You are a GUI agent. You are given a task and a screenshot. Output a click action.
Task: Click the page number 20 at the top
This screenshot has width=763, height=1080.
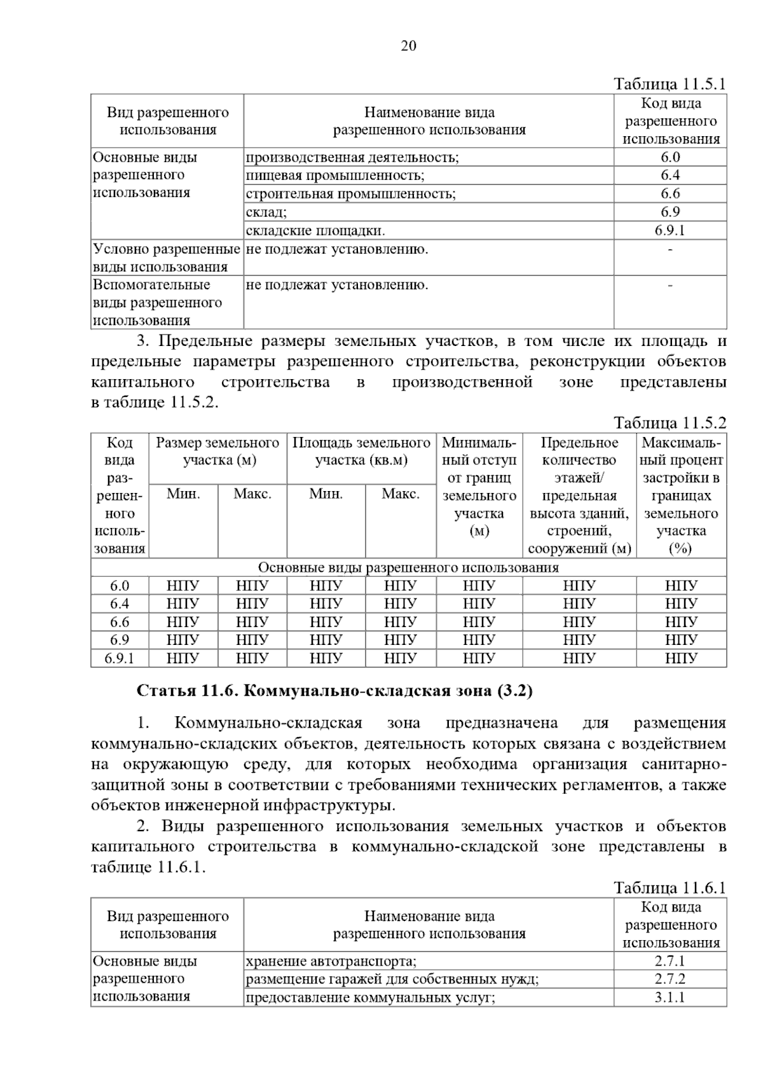[408, 46]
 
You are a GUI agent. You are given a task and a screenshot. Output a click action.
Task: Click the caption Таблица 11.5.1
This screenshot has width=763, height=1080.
[670, 84]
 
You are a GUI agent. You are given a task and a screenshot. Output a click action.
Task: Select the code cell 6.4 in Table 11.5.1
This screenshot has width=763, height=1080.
[670, 175]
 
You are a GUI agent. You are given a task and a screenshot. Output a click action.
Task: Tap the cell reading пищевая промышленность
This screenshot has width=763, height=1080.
[335, 175]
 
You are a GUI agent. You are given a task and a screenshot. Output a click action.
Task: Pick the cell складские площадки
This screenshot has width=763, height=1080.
[315, 230]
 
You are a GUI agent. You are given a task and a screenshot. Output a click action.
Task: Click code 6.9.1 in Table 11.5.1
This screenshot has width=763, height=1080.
[670, 230]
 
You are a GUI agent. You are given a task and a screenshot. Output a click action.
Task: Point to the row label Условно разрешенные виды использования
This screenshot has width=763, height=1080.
[167, 258]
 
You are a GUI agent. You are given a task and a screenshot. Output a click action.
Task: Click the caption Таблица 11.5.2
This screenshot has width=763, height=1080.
[670, 423]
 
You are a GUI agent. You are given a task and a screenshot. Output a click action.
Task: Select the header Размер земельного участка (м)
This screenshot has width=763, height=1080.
[217, 451]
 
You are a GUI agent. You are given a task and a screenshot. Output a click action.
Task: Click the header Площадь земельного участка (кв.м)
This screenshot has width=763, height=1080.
[361, 451]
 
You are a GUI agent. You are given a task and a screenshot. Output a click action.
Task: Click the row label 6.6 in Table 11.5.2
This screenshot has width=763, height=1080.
[120, 621]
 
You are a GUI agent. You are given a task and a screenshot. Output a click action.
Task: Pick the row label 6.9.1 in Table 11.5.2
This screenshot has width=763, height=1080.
[120, 658]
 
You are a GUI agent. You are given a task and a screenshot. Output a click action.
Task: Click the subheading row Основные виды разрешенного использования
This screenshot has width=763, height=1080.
[408, 567]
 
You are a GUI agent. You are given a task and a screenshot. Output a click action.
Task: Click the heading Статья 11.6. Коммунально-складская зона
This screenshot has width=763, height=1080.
[334, 691]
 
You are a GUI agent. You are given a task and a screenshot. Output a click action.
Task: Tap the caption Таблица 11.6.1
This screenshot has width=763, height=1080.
[670, 888]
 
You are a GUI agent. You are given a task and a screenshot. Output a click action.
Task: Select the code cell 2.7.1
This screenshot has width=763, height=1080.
[670, 961]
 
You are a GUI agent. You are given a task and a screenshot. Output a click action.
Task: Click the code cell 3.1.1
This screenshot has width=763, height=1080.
[670, 997]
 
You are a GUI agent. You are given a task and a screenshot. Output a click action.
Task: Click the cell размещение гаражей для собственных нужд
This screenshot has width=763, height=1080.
[392, 979]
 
